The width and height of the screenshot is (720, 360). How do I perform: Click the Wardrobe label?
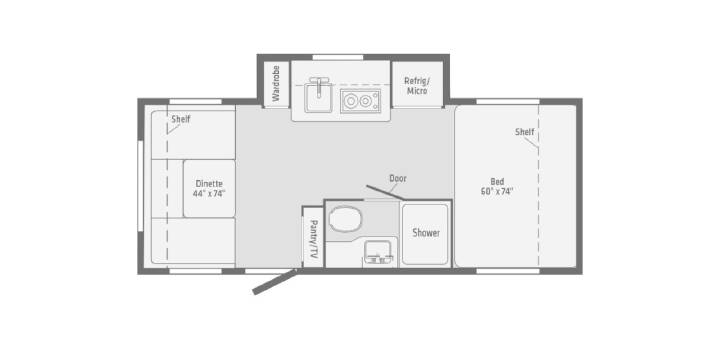(276, 83)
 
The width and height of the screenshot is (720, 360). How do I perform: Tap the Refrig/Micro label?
(417, 85)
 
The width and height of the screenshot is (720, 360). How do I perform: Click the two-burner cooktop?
(360, 101)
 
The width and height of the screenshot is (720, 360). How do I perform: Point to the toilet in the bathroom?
(345, 219)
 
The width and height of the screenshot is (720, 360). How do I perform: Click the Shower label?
(426, 233)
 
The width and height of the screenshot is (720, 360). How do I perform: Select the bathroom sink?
(379, 253)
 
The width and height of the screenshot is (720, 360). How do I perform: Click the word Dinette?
(209, 183)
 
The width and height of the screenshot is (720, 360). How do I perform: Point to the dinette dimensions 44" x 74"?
(209, 193)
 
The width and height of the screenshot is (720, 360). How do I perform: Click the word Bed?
(497, 181)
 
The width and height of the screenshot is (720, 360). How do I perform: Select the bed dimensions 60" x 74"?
(497, 191)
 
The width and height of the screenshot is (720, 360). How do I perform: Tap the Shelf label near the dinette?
(180, 119)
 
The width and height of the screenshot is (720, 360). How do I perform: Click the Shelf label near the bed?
(524, 132)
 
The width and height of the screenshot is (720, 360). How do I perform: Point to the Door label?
(398, 178)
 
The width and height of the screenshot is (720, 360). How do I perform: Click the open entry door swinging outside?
(275, 282)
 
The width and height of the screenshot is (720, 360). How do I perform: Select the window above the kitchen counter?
(338, 57)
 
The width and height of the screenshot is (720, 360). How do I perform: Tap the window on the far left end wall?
(141, 186)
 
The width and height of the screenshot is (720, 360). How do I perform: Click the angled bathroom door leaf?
(385, 192)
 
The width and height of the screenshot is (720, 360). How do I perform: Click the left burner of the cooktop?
(351, 101)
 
